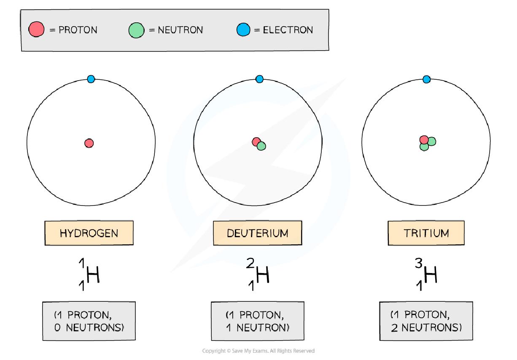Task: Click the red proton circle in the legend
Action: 36,30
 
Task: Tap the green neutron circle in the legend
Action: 136,30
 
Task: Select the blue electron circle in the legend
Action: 243,30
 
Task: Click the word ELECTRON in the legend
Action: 288,30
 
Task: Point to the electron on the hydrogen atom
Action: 91,79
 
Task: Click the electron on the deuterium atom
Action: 259,79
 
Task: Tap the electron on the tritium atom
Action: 426,79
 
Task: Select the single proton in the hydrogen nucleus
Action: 89,143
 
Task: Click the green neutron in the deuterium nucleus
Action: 261,146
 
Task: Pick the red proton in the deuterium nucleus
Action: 256,142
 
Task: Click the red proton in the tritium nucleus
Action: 424,140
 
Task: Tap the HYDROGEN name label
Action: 89,233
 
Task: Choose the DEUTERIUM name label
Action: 257,233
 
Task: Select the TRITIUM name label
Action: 426,233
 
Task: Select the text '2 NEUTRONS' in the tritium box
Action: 426,327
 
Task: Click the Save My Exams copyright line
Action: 258,351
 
